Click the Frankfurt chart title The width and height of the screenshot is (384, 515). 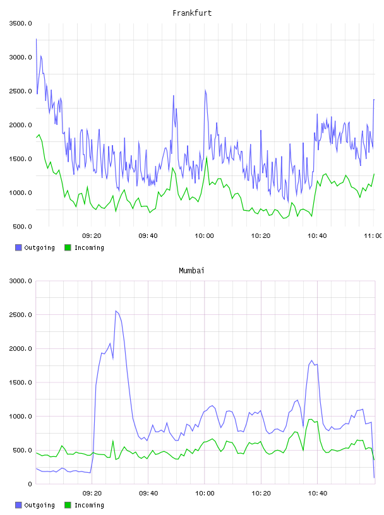pyautogui.click(x=192, y=13)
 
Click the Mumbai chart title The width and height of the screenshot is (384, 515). pyautogui.click(x=191, y=271)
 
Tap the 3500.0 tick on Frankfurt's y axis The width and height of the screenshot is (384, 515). pyautogui.click(x=21, y=23)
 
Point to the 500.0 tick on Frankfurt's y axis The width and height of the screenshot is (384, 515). pyautogui.click(x=22, y=227)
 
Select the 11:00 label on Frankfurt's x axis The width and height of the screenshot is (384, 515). pyautogui.click(x=373, y=236)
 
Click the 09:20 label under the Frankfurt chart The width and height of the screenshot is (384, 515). pyautogui.click(x=92, y=236)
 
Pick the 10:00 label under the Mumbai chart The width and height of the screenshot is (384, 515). pyautogui.click(x=205, y=494)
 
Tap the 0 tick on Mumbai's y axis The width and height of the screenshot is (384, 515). pyautogui.click(x=30, y=484)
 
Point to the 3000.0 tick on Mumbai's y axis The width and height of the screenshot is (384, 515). pyautogui.click(x=21, y=281)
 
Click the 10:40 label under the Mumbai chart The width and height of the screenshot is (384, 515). pyautogui.click(x=318, y=494)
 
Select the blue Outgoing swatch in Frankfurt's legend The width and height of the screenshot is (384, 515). pyautogui.click(x=18, y=247)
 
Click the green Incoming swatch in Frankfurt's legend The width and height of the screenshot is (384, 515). pyautogui.click(x=68, y=247)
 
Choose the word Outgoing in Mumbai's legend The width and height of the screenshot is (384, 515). pyautogui.click(x=39, y=505)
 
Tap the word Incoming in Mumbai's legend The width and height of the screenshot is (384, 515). pyautogui.click(x=89, y=505)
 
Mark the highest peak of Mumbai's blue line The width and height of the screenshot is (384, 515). pyautogui.click(x=116, y=311)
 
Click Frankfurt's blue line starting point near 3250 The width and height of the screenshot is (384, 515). pyautogui.click(x=36, y=39)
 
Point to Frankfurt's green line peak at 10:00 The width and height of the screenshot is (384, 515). pyautogui.click(x=207, y=157)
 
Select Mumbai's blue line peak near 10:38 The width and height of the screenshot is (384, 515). pyautogui.click(x=311, y=360)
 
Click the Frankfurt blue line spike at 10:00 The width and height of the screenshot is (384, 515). pyautogui.click(x=205, y=90)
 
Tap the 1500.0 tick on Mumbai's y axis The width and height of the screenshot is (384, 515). pyautogui.click(x=21, y=382)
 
